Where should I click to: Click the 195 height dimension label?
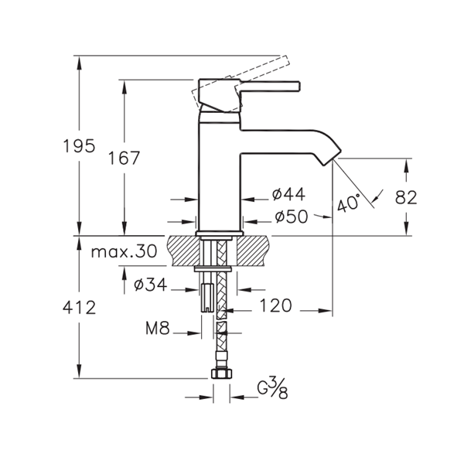point(80,146)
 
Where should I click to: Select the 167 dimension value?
point(124,158)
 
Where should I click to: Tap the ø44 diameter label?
point(288,194)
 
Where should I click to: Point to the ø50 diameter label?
point(292,217)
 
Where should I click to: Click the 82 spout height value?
point(406,197)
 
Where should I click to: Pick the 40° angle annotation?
point(350,203)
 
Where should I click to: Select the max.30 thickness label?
point(124,252)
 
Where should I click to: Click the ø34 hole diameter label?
point(150,285)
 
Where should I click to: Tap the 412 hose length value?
point(80,307)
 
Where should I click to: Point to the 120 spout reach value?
point(275,305)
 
